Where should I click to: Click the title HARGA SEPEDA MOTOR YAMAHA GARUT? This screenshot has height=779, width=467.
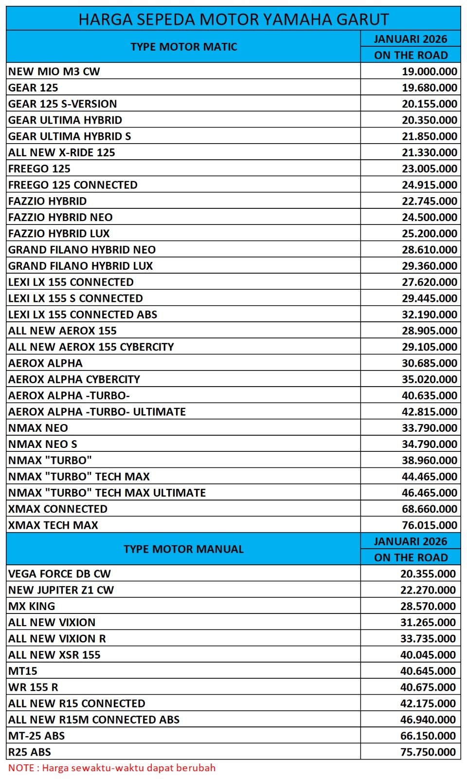click(x=233, y=19)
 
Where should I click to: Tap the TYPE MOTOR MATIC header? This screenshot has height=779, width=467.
click(x=184, y=47)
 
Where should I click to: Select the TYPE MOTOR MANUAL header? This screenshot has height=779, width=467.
click(x=183, y=549)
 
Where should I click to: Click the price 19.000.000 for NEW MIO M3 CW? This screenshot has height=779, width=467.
click(x=429, y=72)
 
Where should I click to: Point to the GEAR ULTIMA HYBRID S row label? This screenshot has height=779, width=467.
click(x=70, y=136)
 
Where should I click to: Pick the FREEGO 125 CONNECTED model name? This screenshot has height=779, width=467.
click(x=73, y=185)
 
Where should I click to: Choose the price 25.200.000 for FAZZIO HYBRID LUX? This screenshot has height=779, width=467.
click(x=429, y=234)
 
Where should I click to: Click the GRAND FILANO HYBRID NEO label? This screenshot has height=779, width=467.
click(x=82, y=250)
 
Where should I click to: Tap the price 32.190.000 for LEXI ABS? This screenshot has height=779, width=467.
click(x=429, y=315)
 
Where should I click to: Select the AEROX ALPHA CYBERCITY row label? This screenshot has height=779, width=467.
click(x=74, y=379)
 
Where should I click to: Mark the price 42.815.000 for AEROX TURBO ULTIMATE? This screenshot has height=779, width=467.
click(x=429, y=412)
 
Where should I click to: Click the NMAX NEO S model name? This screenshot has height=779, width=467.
click(x=43, y=444)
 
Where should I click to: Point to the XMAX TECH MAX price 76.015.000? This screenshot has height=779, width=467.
click(x=429, y=525)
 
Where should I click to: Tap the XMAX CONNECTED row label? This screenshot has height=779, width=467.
click(x=58, y=509)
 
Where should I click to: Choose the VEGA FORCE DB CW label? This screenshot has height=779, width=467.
click(x=59, y=574)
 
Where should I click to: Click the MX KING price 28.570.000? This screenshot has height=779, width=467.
click(x=428, y=606)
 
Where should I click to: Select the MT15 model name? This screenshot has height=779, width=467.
click(x=23, y=671)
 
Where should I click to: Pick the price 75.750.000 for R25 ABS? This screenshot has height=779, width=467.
click(x=428, y=752)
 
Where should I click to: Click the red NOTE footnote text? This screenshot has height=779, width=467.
click(x=112, y=768)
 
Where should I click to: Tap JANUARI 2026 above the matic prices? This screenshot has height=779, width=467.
click(x=411, y=39)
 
